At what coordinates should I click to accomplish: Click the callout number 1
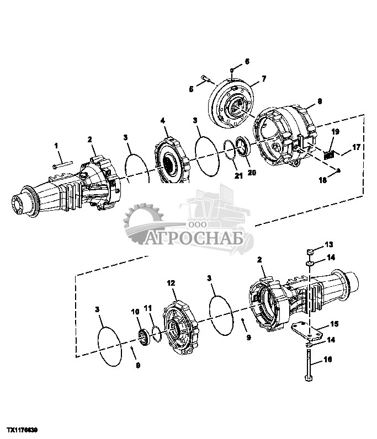(x=56, y=145)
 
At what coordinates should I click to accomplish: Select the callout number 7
(x=263, y=79)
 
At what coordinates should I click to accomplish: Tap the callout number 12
(x=171, y=283)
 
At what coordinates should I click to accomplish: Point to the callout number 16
(x=327, y=359)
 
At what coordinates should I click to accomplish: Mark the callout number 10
(x=136, y=312)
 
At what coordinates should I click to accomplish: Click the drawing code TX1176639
(x=22, y=428)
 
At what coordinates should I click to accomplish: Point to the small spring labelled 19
(x=330, y=155)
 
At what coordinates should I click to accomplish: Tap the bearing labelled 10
(x=145, y=336)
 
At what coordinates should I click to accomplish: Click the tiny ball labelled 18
(x=338, y=170)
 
